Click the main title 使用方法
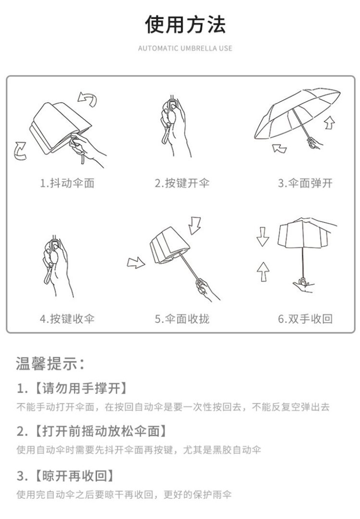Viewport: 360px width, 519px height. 185,24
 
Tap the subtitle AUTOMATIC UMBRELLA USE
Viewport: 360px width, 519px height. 185,48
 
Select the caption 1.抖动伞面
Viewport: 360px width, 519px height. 67,183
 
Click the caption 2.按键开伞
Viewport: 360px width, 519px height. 182,183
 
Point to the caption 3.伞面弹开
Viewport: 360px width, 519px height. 305,183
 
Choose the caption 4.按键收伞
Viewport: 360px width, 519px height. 67,319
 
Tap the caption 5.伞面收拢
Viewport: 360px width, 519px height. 182,319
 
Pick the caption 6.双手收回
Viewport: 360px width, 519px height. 305,319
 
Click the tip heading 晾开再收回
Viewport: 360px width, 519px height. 75,476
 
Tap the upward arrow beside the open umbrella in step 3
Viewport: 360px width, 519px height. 329,122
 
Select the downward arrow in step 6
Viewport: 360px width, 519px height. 263,236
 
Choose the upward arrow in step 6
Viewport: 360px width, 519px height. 263,271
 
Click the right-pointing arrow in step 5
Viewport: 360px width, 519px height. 136,263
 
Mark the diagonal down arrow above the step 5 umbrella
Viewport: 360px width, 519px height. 195,225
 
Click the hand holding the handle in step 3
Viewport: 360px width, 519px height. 314,143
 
